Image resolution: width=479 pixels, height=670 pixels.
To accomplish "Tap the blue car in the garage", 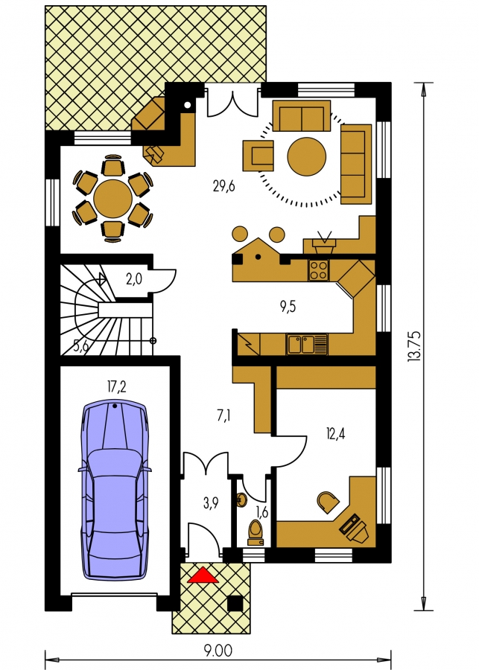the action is pos(115,490).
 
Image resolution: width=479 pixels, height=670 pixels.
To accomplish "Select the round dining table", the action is pos(113,199).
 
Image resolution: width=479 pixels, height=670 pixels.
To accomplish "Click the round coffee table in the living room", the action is pos(307,156).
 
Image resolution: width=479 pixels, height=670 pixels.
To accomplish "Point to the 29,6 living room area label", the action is pos(223,186).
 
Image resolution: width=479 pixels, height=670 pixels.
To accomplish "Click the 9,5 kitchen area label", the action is pos(288,307).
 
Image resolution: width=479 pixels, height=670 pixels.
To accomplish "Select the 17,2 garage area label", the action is pos(116,387).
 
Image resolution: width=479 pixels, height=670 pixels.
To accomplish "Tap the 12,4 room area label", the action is pos(335,433).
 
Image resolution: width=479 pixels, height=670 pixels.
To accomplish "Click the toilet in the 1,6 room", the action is pos(256,533).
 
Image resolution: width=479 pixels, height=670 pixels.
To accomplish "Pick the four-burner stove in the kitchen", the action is pos(319,270).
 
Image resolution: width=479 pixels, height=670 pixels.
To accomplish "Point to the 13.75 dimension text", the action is pos(414,346).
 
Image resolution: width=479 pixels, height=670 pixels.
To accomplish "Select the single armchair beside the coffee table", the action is pos(258,156).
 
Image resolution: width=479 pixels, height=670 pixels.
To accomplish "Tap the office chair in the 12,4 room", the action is pos(328,502).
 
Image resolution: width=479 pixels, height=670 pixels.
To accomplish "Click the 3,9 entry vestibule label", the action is pos(211,503).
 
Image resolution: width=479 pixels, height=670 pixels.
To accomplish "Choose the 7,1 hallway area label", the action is pos(224,415).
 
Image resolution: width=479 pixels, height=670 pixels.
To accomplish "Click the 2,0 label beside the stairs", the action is pos(134,279).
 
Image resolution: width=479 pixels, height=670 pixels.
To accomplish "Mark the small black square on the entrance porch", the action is pos(235,603).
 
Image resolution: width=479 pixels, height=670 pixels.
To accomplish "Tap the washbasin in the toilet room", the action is pos(241,500).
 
